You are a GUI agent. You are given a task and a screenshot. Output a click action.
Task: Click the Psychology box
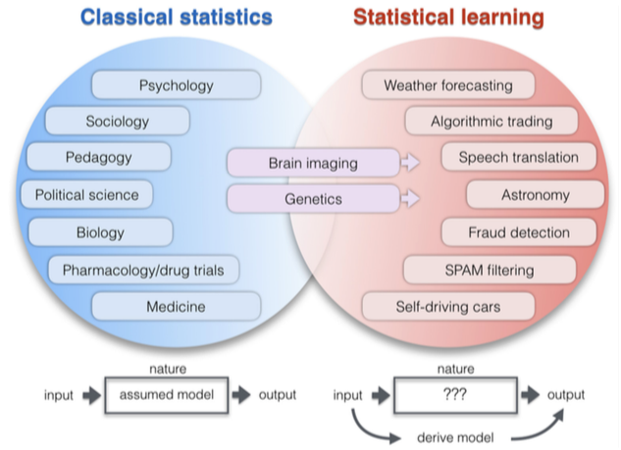tap(176, 85)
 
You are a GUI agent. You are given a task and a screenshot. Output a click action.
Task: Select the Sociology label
tap(117, 122)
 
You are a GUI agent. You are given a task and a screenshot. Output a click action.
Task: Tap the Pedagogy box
tap(97, 157)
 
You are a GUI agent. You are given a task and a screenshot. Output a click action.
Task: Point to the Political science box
tap(86, 194)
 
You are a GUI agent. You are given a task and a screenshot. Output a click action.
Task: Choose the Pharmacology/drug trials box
tap(143, 269)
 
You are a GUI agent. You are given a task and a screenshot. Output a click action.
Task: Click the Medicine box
tap(176, 306)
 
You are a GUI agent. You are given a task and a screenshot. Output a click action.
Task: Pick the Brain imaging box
tap(313, 163)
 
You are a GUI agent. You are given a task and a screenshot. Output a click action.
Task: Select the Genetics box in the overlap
tap(313, 199)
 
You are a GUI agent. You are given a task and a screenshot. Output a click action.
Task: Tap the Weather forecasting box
tap(447, 85)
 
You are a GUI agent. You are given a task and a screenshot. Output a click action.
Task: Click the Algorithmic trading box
tap(492, 122)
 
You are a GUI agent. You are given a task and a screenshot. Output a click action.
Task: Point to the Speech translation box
tap(518, 157)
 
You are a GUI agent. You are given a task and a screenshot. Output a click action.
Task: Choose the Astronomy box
tap(534, 194)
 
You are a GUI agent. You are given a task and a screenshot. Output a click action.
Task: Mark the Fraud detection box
tap(519, 232)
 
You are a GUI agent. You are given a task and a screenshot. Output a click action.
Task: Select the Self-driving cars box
tap(447, 306)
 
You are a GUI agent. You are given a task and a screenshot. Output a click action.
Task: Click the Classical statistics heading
tap(176, 17)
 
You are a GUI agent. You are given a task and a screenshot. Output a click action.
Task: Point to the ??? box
tap(454, 395)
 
